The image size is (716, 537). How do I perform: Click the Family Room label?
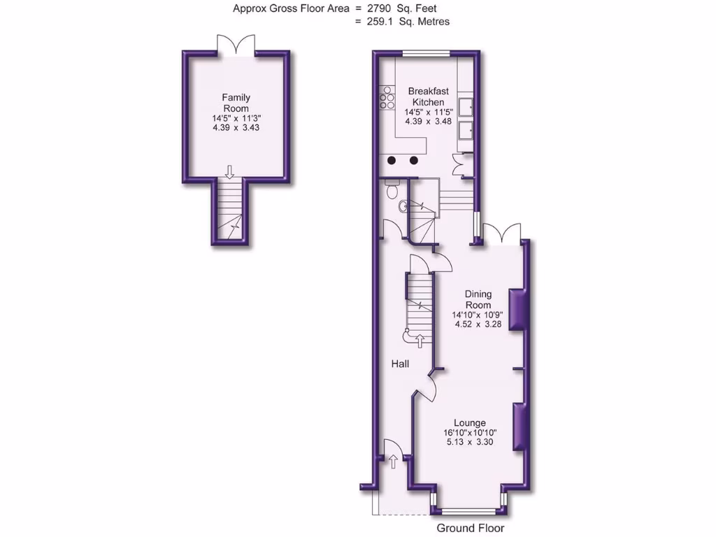(236, 103)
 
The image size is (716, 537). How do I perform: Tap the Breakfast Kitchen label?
(427, 96)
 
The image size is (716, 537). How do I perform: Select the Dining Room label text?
(479, 299)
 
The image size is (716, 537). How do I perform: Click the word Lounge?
(470, 422)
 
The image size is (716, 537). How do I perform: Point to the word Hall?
(400, 364)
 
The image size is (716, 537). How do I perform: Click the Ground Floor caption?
(470, 528)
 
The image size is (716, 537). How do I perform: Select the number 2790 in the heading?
(373, 8)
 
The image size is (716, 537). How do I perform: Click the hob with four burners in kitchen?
(387, 97)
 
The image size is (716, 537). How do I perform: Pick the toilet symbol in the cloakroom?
(392, 189)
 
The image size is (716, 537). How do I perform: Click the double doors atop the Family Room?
(236, 45)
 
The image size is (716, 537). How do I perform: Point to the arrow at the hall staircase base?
(420, 341)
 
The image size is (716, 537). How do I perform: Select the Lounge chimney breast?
(519, 427)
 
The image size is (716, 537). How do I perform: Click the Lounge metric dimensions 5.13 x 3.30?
(470, 442)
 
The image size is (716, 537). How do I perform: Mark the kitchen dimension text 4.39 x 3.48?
(428, 121)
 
